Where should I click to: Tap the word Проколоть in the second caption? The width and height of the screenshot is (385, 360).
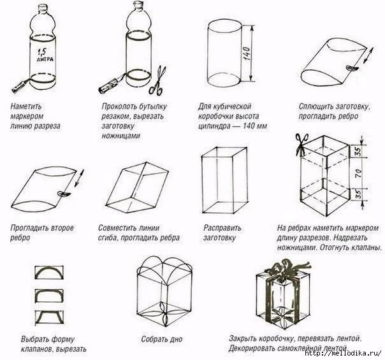pos(120,106)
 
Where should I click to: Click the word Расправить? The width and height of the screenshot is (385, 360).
pos(221,227)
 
